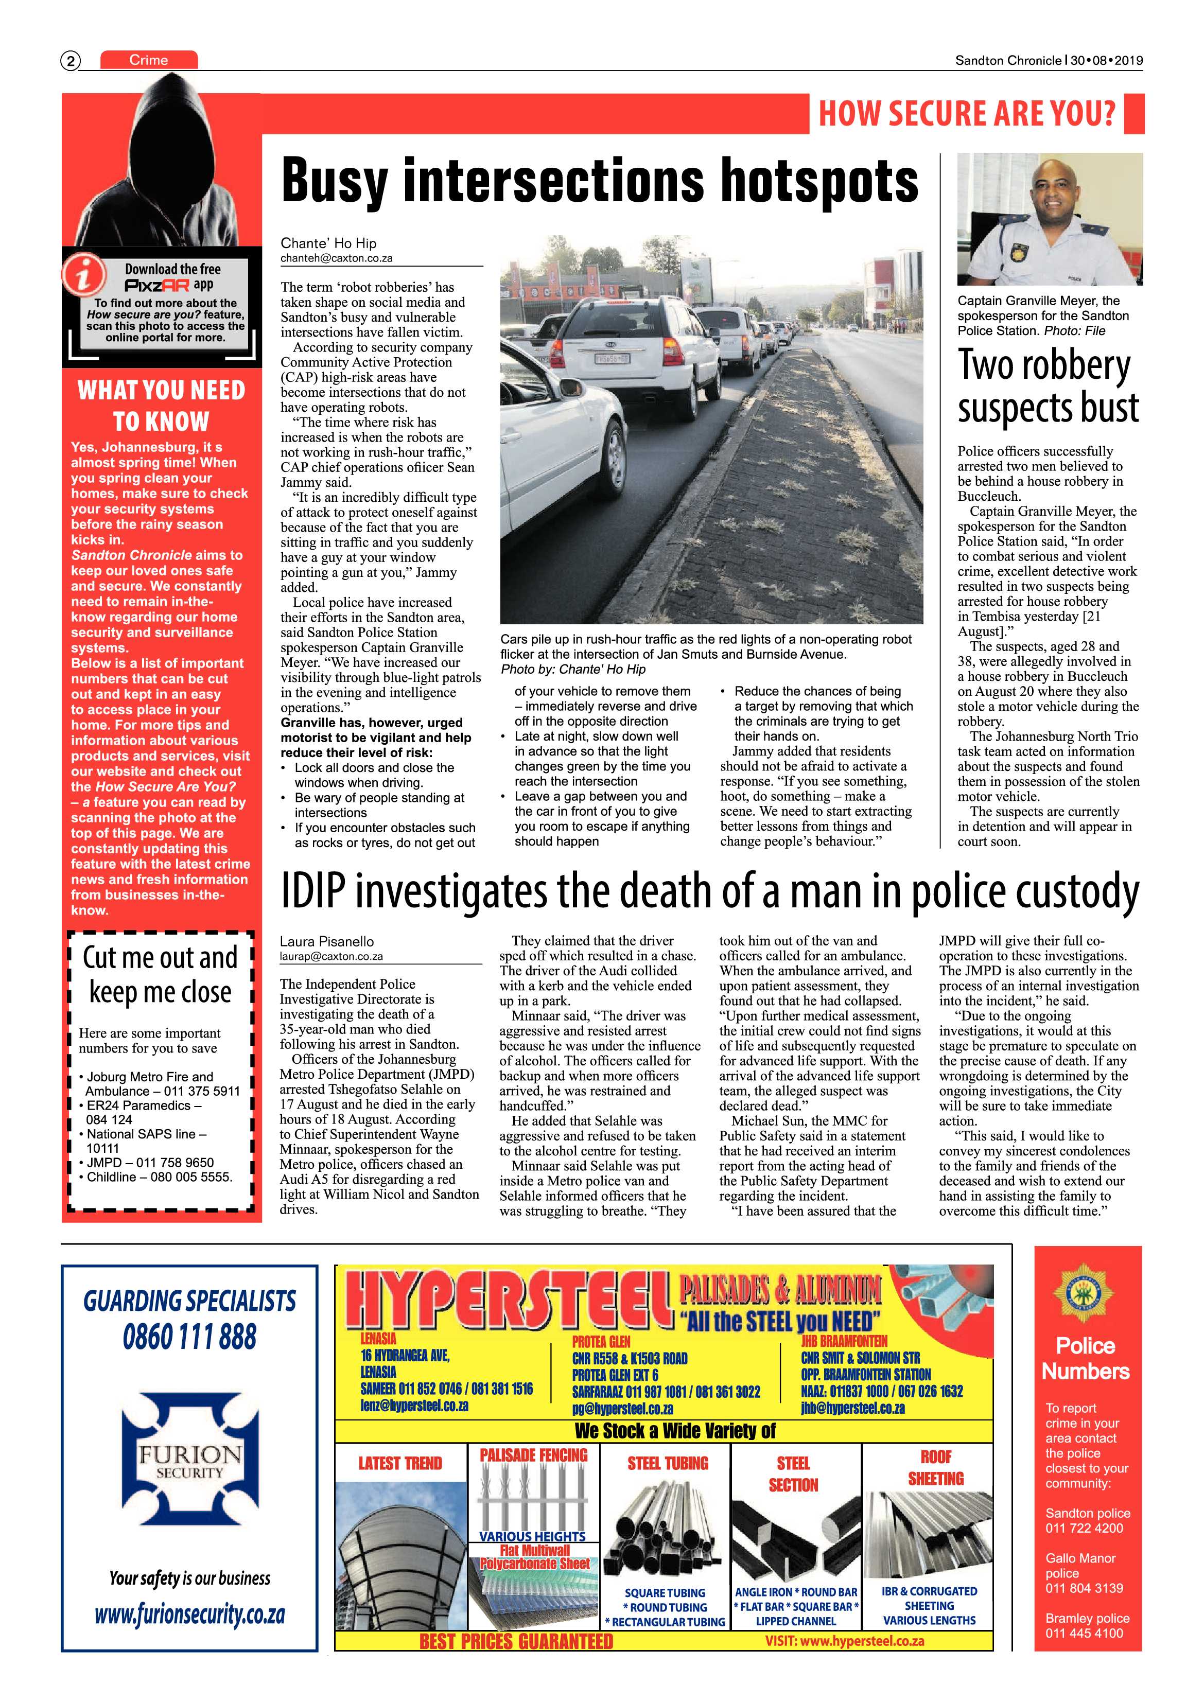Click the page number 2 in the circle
[71, 61]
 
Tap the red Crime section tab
[148, 60]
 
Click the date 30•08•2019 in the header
[1106, 61]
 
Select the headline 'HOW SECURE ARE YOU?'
[966, 113]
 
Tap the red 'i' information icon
[83, 274]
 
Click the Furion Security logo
[190, 1458]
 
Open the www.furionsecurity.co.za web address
[190, 1614]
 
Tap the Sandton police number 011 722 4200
[1084, 1528]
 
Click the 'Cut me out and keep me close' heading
[160, 974]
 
